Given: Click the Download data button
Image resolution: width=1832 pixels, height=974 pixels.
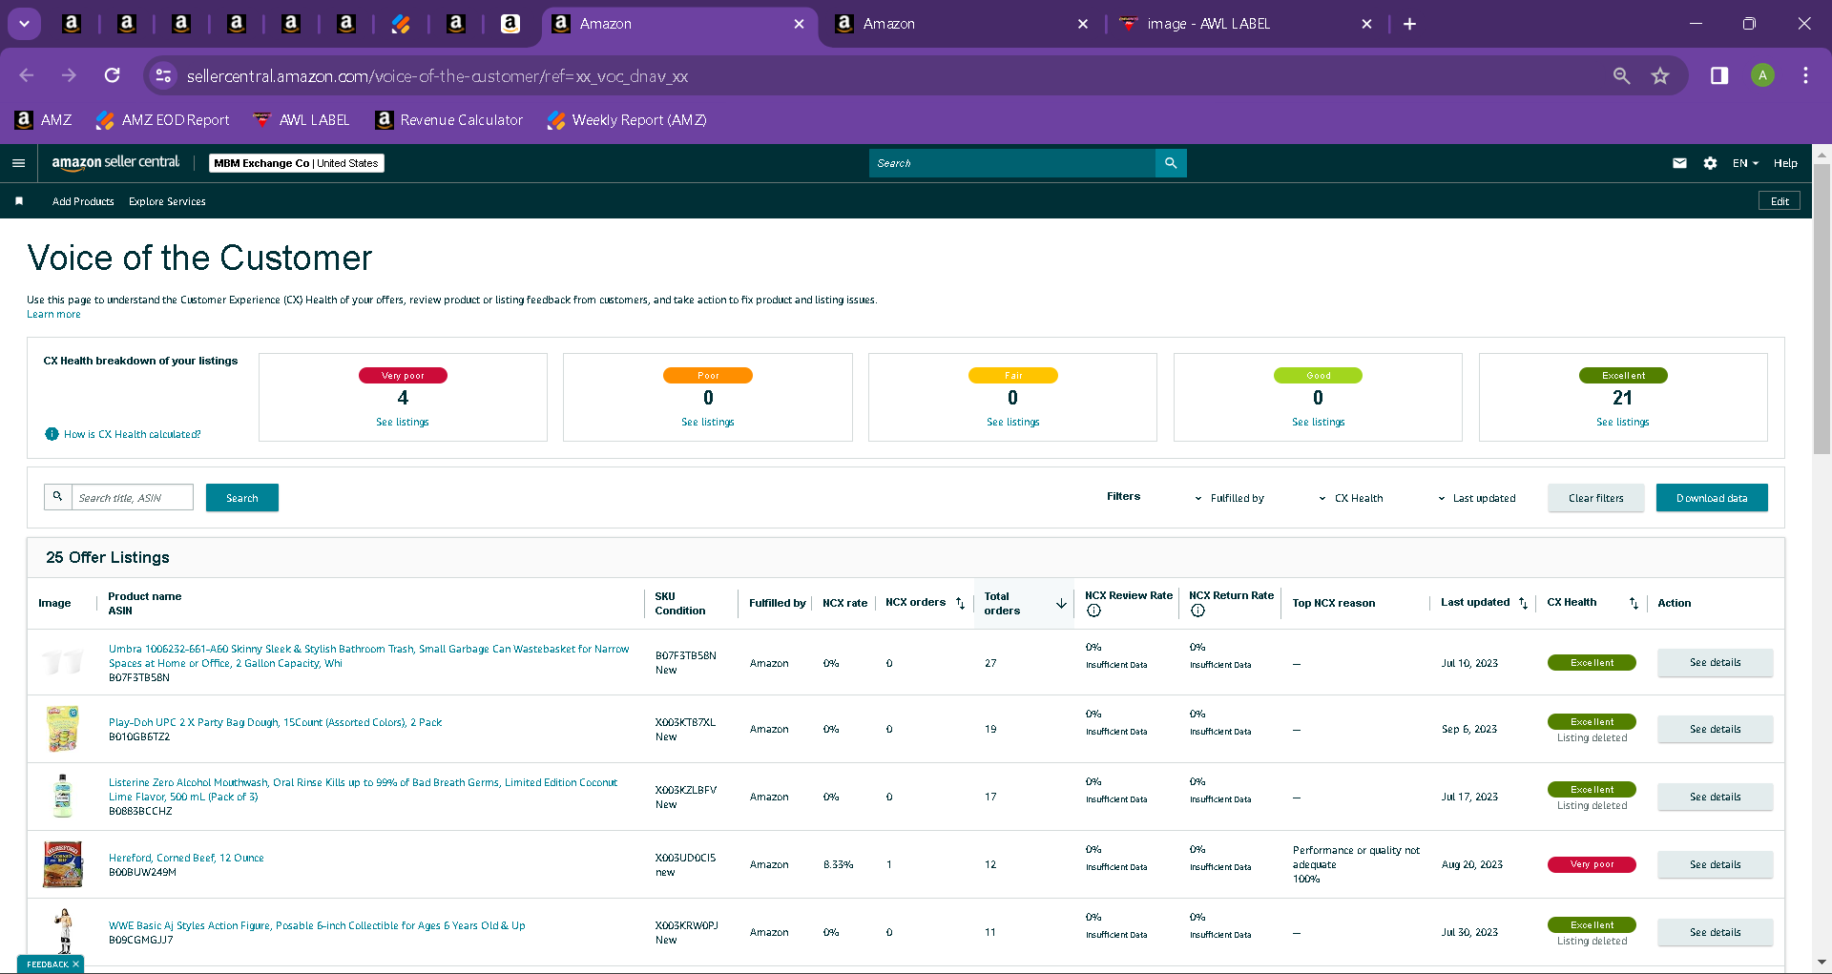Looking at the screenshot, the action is coord(1712,498).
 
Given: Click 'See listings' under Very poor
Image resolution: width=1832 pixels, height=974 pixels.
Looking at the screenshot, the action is coord(403,422).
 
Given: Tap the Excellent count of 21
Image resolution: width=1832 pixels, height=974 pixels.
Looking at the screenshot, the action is coord(1622,398).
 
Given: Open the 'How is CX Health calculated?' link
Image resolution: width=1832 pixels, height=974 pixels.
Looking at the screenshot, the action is coord(133,434).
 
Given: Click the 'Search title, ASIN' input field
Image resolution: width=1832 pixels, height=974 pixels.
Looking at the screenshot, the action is coord(133,497).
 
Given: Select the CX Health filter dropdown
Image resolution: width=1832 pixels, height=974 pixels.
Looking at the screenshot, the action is coord(1351,498).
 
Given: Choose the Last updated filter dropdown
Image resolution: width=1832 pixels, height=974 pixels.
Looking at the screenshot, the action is coord(1477,498).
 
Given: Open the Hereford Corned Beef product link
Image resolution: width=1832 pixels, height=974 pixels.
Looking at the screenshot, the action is coord(186,858).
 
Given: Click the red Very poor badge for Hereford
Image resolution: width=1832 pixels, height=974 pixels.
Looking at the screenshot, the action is coord(1592,864).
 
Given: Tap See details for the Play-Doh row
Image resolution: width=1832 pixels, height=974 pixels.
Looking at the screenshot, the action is coord(1715,729).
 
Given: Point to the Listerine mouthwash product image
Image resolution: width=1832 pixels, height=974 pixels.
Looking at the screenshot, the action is coord(63,796).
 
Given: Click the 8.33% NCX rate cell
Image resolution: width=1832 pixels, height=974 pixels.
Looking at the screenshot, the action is coord(838,864).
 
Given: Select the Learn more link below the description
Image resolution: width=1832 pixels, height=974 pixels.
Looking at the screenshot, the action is coord(53,314).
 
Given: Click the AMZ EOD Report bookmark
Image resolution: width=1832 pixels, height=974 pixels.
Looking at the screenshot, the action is coord(163,120).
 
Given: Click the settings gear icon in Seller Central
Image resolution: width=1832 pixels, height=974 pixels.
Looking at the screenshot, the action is coord(1710,163).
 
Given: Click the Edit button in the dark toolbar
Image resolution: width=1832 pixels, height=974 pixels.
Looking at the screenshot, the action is coord(1780,201).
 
